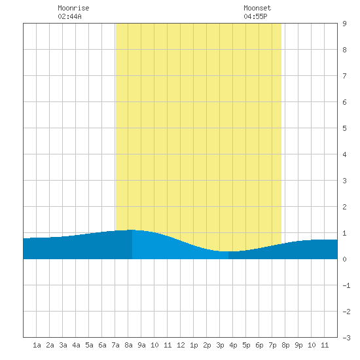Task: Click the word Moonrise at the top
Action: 73,8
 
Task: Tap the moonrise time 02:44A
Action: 69,16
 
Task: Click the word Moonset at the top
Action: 257,8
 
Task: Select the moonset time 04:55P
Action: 255,16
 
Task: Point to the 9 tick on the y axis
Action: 344,24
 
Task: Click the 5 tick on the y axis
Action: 344,128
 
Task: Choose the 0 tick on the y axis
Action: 344,259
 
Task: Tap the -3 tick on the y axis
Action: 346,338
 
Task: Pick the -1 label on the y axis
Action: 346,285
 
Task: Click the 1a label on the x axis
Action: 37,345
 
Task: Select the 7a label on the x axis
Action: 115,345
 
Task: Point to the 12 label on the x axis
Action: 181,345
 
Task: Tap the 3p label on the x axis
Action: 220,345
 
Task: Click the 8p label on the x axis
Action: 285,345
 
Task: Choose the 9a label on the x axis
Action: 141,345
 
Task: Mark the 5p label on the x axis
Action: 246,345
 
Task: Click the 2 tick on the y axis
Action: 344,207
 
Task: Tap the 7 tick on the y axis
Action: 344,76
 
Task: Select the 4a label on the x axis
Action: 76,345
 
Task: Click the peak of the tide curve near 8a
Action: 131,230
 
